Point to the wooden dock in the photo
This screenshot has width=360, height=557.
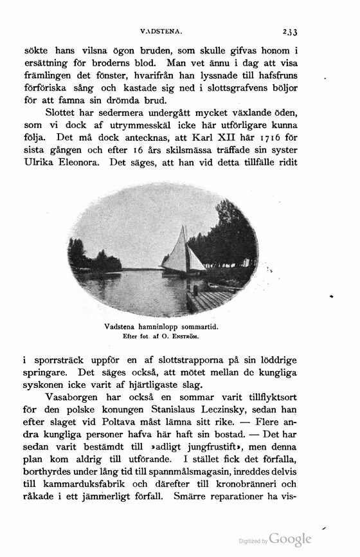pos(208,298)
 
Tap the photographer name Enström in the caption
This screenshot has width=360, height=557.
pos(184,336)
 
